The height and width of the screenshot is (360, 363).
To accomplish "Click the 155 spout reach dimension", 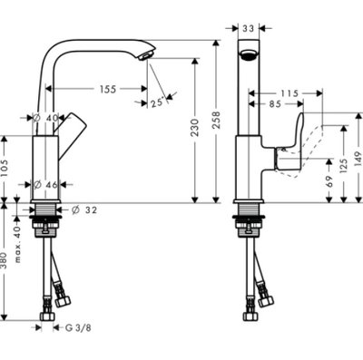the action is [x=108, y=89].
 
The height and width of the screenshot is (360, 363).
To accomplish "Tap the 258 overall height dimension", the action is [x=216, y=121].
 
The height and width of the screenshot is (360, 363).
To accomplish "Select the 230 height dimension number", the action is [x=195, y=127].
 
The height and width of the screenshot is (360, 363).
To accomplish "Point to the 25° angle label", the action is [x=157, y=102].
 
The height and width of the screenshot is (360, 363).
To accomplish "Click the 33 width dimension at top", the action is [x=249, y=28].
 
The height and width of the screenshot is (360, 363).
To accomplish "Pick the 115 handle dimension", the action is [x=289, y=93].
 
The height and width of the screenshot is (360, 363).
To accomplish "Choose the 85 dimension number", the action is [x=275, y=104].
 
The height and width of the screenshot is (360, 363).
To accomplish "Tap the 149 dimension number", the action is [x=358, y=158].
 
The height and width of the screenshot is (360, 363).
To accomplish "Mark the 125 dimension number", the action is [x=343, y=165].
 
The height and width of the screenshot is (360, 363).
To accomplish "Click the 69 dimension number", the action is [x=329, y=181].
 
